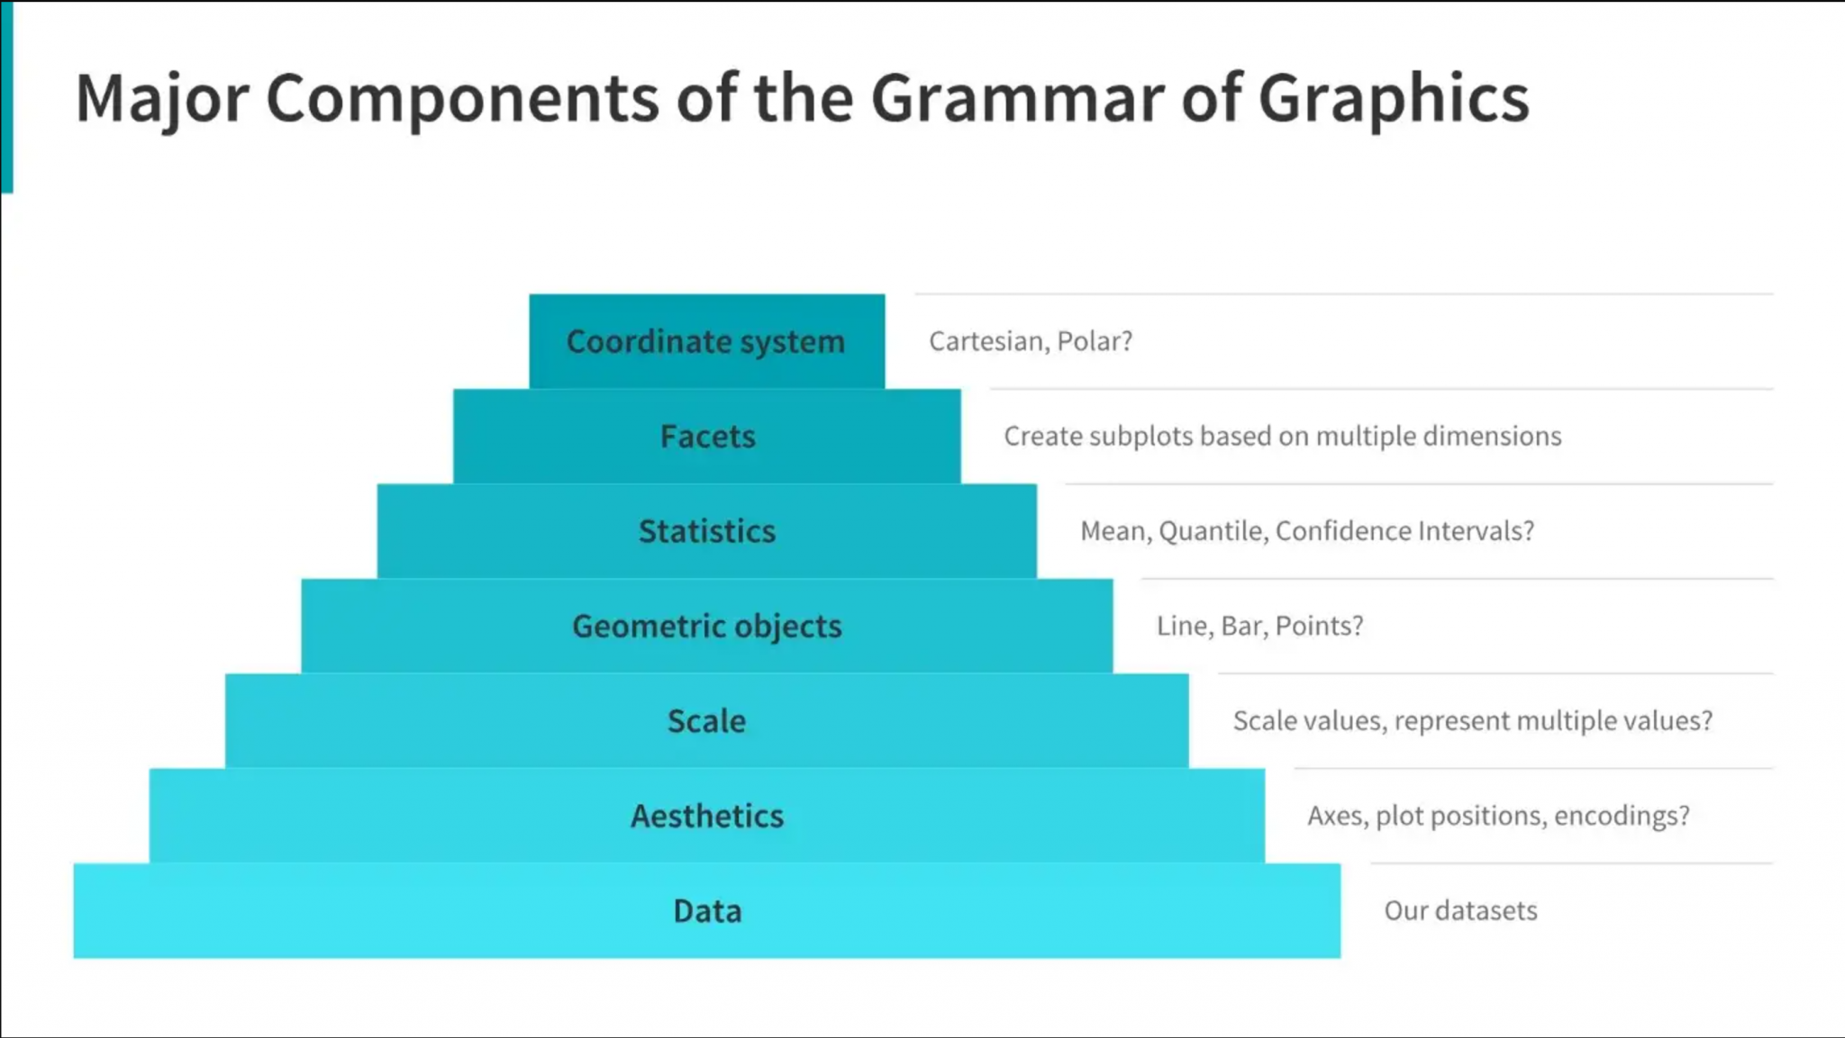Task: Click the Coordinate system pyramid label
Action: (x=706, y=342)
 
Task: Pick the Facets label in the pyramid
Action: (x=707, y=437)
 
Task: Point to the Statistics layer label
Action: (x=707, y=531)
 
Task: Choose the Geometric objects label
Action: (x=707, y=627)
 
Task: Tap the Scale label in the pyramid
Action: (x=707, y=721)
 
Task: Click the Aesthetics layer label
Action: (x=707, y=816)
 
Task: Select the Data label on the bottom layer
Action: (x=708, y=911)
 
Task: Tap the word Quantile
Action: (x=1213, y=531)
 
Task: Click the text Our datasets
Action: (x=1461, y=910)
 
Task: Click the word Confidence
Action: (x=1342, y=531)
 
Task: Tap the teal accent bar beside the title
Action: (x=6, y=96)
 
